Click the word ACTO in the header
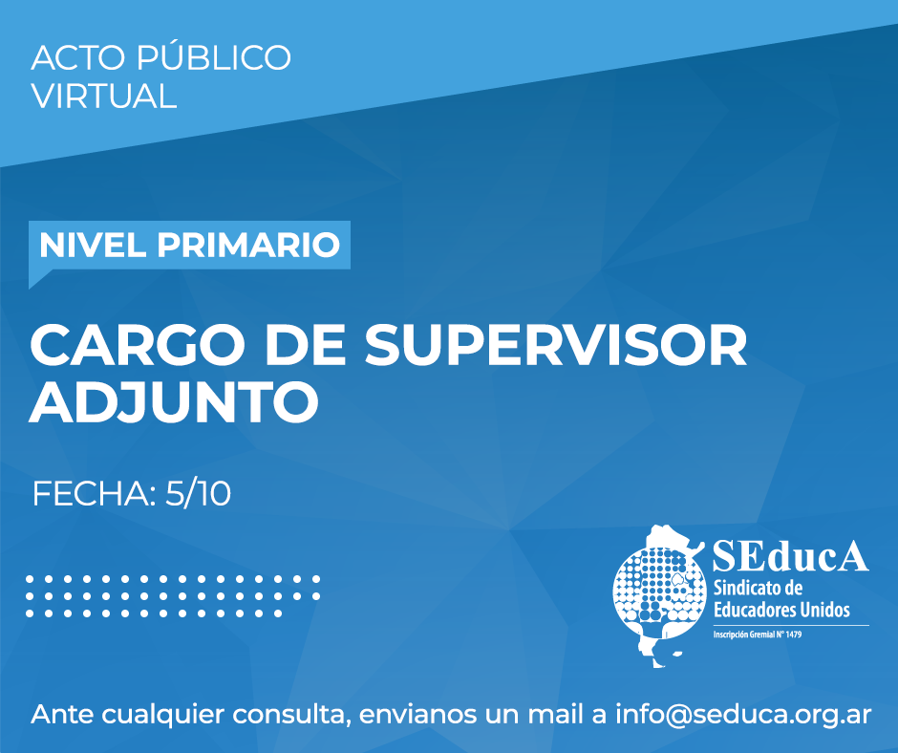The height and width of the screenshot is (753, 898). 78,58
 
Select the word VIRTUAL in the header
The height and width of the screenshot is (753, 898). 104,96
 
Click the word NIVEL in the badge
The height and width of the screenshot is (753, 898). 92,245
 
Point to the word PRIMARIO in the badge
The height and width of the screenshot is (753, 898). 248,245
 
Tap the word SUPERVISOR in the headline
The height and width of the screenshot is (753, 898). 556,346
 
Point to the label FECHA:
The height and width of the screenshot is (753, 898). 95,494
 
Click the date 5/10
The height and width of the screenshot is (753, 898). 198,494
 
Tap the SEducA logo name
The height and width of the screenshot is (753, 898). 790,555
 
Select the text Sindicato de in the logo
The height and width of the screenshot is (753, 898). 758,588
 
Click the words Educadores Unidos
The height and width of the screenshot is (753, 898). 781,609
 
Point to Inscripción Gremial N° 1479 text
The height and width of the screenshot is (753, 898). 758,635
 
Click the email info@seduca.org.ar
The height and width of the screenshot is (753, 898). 743,715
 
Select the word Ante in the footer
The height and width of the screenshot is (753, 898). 62,715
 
